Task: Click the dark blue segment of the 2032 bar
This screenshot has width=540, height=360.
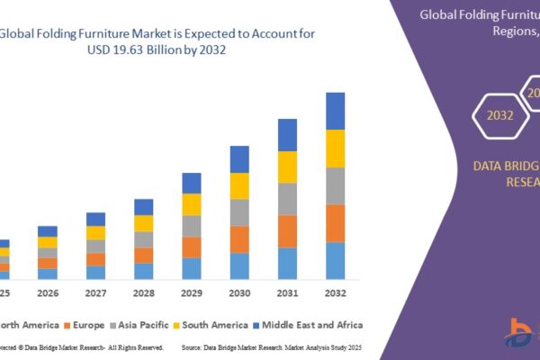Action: point(335,111)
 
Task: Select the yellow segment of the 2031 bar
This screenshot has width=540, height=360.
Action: point(287,166)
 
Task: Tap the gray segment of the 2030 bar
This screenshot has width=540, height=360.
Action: point(239,212)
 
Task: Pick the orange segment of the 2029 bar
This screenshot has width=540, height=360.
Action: point(192,247)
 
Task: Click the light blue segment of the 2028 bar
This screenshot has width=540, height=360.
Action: point(144,271)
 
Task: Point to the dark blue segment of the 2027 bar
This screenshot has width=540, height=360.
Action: point(96,219)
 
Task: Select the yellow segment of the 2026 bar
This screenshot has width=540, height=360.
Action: point(47,242)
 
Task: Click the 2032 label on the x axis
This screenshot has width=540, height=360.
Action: point(335,293)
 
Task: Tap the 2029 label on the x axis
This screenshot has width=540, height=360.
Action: point(192,293)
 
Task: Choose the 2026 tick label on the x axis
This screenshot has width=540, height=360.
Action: point(47,293)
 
